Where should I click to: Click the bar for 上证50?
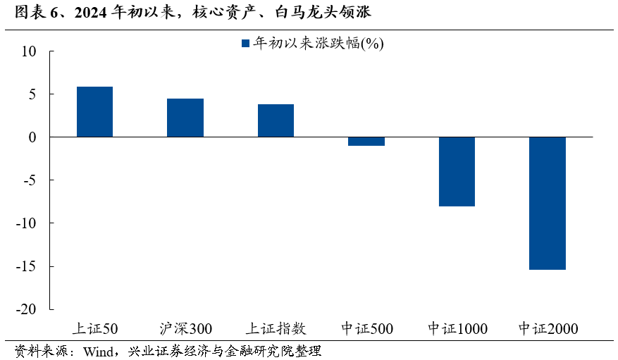(x=94, y=111)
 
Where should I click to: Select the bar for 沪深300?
(x=185, y=118)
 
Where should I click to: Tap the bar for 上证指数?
(x=276, y=120)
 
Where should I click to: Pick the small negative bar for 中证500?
(x=366, y=141)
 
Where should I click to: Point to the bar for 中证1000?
(x=457, y=171)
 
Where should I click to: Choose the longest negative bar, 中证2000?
(x=548, y=203)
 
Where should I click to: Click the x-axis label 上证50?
(x=95, y=328)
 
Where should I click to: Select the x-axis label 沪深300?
(x=185, y=328)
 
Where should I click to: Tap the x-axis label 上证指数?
(x=276, y=328)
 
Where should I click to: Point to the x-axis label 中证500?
(x=366, y=328)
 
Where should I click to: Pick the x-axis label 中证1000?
(x=457, y=328)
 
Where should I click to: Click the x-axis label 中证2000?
(x=548, y=328)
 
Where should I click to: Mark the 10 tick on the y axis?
(x=28, y=51)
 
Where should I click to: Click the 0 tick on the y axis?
(x=32, y=137)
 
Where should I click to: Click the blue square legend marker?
(x=245, y=44)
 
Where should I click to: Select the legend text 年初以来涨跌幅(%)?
(x=318, y=44)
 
